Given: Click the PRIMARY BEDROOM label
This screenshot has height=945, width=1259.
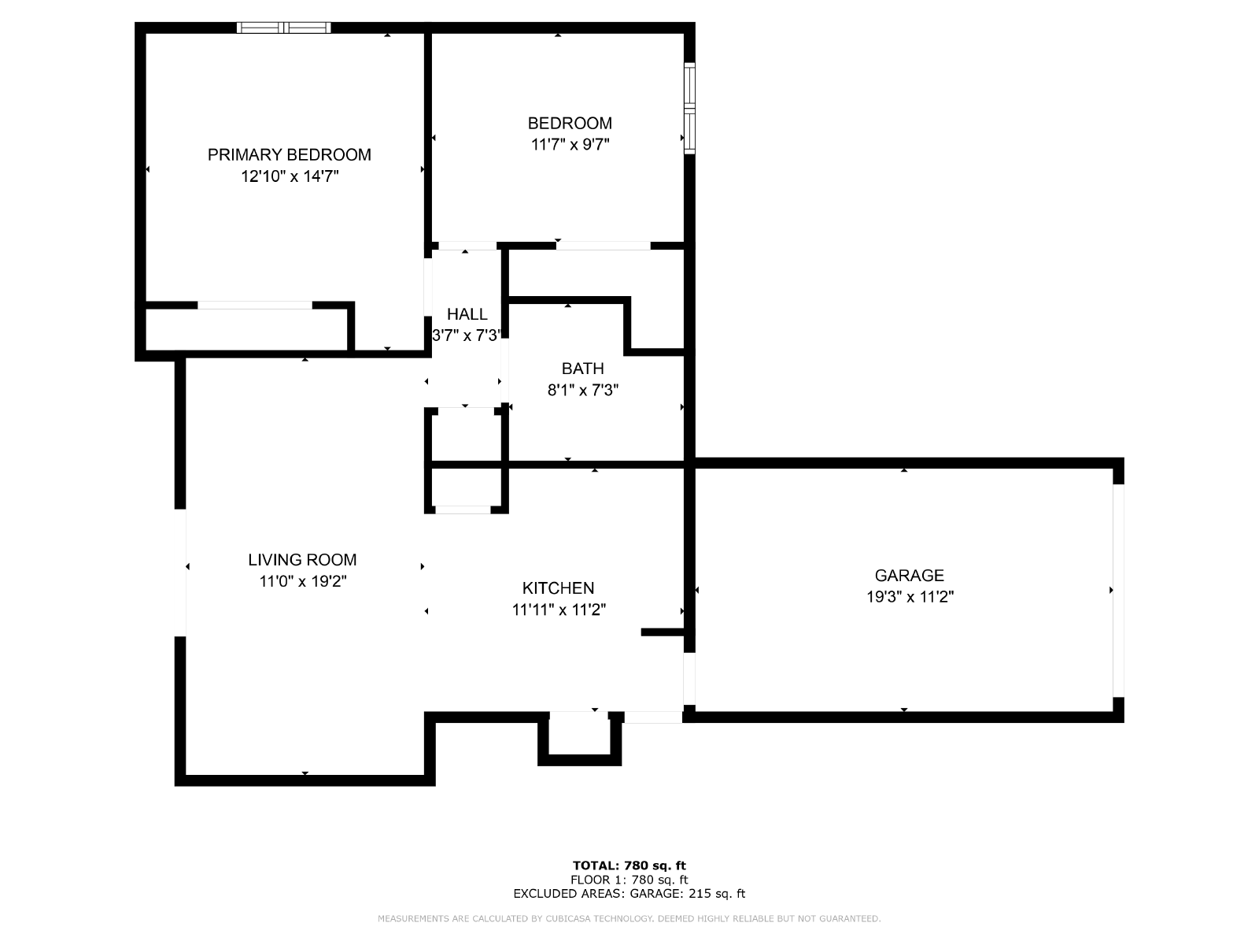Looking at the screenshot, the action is pyautogui.click(x=289, y=155).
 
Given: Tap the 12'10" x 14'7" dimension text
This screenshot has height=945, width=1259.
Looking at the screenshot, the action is pyautogui.click(x=290, y=176).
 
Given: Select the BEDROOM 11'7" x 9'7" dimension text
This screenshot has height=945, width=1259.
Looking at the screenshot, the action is pyautogui.click(x=570, y=144).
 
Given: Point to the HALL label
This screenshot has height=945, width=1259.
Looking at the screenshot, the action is pyautogui.click(x=467, y=314).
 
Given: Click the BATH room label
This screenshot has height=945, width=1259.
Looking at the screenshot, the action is pyautogui.click(x=582, y=369).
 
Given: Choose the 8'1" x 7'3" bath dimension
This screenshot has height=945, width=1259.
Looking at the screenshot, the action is pyautogui.click(x=583, y=390).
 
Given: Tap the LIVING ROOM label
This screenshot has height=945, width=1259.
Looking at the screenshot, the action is pyautogui.click(x=302, y=559).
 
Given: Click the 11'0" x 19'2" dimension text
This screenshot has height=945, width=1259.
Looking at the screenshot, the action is pyautogui.click(x=303, y=581).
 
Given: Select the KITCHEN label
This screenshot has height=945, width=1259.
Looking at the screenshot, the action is pyautogui.click(x=558, y=587).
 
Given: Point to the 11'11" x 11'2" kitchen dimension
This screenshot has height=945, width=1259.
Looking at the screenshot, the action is pyautogui.click(x=559, y=610).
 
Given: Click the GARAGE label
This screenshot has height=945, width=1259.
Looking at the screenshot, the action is pyautogui.click(x=909, y=575).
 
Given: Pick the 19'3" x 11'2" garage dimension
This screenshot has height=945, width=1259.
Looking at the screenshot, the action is pyautogui.click(x=910, y=597).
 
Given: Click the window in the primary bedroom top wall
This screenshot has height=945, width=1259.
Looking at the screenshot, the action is pyautogui.click(x=284, y=28).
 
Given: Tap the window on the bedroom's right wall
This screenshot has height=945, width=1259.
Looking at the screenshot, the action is pyautogui.click(x=689, y=109).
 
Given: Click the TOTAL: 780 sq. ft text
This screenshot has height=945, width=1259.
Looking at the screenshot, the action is pyautogui.click(x=629, y=865).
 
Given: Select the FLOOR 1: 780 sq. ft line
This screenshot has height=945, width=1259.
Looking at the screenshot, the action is pyautogui.click(x=629, y=880).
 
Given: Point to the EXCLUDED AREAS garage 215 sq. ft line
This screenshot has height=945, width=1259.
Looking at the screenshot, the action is pyautogui.click(x=629, y=893).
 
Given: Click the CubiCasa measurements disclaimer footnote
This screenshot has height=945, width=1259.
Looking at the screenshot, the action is pyautogui.click(x=629, y=918).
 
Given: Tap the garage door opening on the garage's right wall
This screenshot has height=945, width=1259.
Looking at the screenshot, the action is pyautogui.click(x=1118, y=591).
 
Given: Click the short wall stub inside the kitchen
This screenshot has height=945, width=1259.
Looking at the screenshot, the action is pyautogui.click(x=663, y=632).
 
